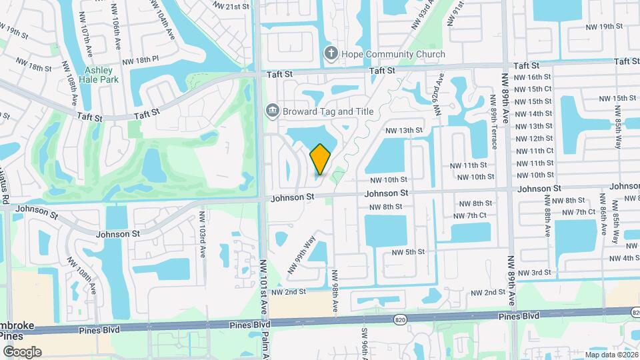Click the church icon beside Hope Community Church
(x=330, y=53)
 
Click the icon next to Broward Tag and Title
(x=271, y=110)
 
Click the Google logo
(x=22, y=352)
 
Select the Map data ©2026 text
(x=611, y=355)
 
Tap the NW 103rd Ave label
(x=203, y=235)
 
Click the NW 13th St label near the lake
(x=405, y=130)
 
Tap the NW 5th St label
(x=408, y=252)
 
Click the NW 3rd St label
(x=535, y=273)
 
